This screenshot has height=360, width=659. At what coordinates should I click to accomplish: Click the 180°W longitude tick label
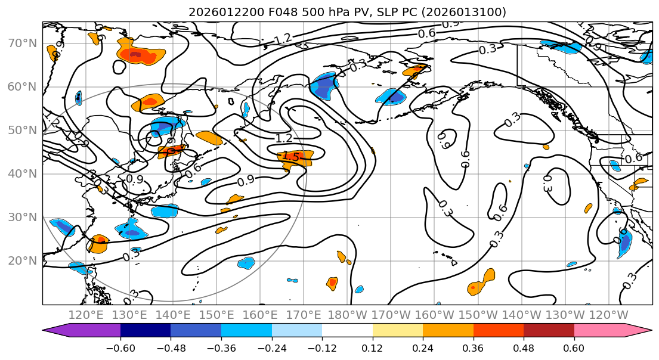[x=347, y=315]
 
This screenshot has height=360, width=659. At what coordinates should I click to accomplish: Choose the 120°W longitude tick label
[x=608, y=315]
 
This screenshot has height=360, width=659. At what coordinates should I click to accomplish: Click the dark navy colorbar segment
[x=145, y=330]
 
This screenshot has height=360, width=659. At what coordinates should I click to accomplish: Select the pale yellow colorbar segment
[x=398, y=330]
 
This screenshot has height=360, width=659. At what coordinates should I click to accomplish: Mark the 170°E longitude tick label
[x=304, y=315]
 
